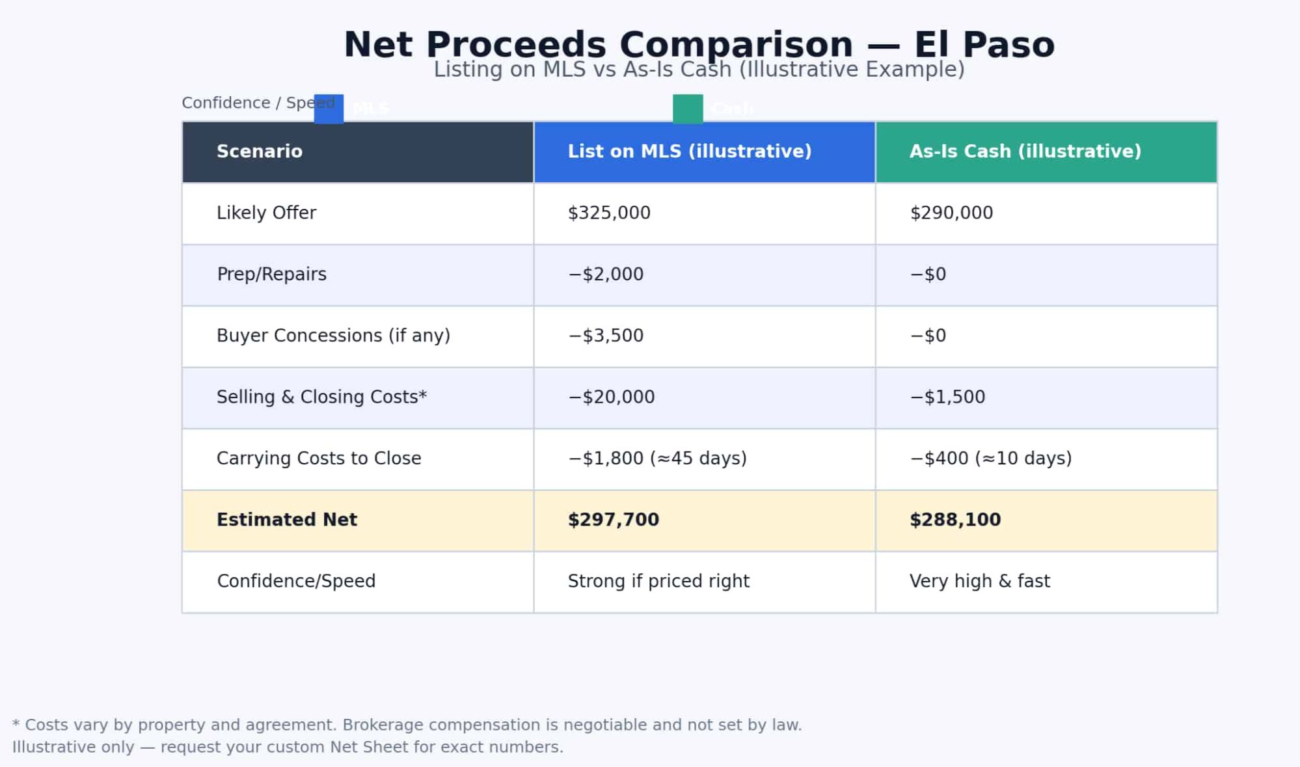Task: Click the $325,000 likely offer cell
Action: coord(608,213)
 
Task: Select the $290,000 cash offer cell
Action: coord(951,213)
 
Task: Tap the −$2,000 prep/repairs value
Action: coord(605,274)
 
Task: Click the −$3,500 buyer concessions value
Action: coord(605,336)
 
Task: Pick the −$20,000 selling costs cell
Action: coord(611,397)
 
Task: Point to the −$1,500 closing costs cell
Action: coord(947,397)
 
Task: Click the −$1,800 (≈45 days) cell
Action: coord(657,458)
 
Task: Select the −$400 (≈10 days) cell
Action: coord(990,458)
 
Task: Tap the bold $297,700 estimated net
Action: coord(613,520)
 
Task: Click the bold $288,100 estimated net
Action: coord(955,520)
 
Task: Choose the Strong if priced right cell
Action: coord(658,581)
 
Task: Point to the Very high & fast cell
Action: coord(979,581)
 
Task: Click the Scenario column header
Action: coord(259,152)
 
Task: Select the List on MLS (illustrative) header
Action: coord(689,152)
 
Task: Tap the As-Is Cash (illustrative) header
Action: coord(1025,152)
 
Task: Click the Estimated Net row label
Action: coord(286,520)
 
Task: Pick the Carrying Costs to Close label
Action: coord(318,458)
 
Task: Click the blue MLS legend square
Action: coord(329,109)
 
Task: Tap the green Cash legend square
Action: coord(687,109)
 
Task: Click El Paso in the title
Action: coord(984,45)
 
